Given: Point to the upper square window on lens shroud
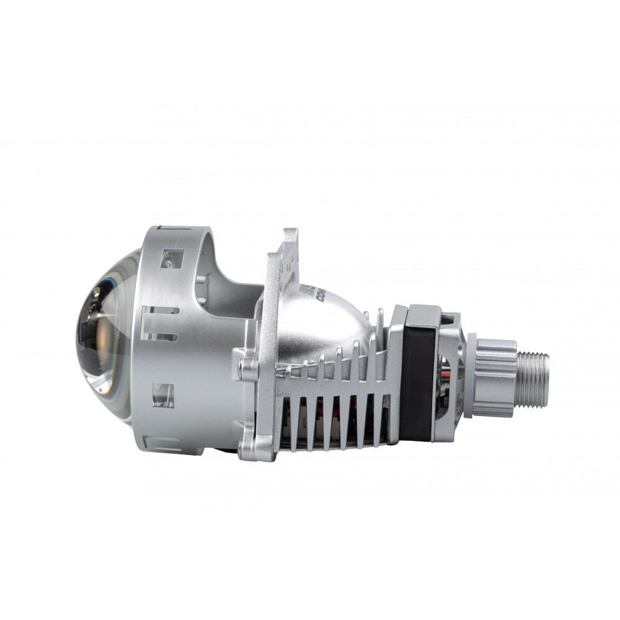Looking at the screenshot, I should tap(172, 258).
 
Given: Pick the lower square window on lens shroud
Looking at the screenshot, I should tap(162, 396).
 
